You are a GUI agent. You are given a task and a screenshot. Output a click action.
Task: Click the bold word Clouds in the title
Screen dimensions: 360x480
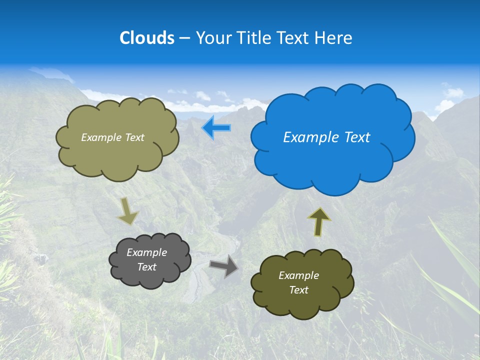coord(146,37)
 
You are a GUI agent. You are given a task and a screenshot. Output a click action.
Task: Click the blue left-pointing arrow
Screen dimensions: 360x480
coord(216,127)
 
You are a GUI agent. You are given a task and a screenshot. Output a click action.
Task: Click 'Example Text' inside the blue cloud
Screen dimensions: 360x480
coord(326,137)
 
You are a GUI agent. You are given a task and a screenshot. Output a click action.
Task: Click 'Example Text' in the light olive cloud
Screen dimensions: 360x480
coord(112,137)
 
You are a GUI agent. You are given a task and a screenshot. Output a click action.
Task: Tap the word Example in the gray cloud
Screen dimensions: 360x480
coord(146,252)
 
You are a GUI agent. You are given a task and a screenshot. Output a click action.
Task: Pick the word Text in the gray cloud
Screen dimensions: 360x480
coord(146,267)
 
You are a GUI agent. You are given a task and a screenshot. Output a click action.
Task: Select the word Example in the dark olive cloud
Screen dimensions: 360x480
coord(298,275)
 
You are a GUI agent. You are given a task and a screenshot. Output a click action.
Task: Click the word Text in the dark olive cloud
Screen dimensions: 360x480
coord(298,290)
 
